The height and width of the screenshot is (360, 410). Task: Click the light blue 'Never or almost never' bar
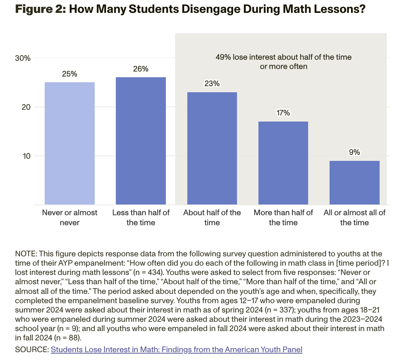click(x=69, y=143)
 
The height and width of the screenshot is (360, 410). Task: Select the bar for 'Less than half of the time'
click(x=140, y=141)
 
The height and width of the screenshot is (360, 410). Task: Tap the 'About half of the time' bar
click(x=212, y=148)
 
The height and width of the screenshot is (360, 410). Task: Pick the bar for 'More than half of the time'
click(x=283, y=163)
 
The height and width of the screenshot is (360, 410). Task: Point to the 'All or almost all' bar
click(x=354, y=183)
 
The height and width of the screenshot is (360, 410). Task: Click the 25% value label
click(x=69, y=74)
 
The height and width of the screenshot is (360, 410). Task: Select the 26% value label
click(x=140, y=69)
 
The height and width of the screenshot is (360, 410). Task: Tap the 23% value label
click(x=212, y=84)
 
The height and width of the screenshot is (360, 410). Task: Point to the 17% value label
click(x=283, y=113)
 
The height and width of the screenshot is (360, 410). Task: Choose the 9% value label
click(x=354, y=152)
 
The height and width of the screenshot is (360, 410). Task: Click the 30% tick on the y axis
click(x=23, y=58)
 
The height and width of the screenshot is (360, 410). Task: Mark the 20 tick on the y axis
click(x=25, y=107)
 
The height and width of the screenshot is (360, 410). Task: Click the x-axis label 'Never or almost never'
click(x=70, y=217)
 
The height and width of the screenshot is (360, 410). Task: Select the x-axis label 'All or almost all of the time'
click(x=354, y=217)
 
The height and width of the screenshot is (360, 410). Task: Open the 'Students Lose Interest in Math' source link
click(x=177, y=350)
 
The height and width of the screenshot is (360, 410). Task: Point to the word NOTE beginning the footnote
click(x=26, y=254)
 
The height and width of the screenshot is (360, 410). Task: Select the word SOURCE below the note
click(x=31, y=350)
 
